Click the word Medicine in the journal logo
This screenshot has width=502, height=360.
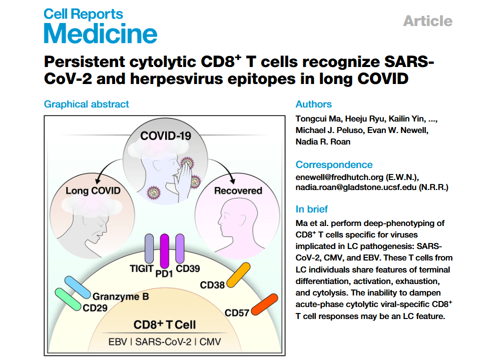pos(101,33)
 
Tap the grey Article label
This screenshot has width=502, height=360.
pos(427,21)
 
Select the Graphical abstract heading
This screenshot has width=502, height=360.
pos(87,104)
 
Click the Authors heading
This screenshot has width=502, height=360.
pos(313,104)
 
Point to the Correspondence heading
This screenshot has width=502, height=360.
pos(334,164)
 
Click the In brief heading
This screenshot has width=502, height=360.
pos(311,209)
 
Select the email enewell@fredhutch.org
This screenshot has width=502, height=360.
pos(339,177)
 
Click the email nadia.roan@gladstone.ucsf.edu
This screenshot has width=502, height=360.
pos(356,187)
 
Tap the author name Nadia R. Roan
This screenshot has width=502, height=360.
pos(323,141)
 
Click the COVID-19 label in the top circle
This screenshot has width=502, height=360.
pos(166,136)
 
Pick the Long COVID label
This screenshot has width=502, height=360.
pos(93,190)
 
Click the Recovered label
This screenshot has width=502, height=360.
pos(238,190)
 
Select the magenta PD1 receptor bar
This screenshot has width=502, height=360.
pos(164,251)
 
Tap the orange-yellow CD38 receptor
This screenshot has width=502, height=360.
pos(238,275)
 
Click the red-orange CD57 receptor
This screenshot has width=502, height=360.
pos(264,304)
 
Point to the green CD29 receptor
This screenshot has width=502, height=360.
pos(68,299)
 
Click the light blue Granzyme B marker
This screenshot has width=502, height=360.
pos(78,287)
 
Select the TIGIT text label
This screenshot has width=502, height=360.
pos(142,268)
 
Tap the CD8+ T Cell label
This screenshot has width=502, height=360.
pos(165,325)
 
